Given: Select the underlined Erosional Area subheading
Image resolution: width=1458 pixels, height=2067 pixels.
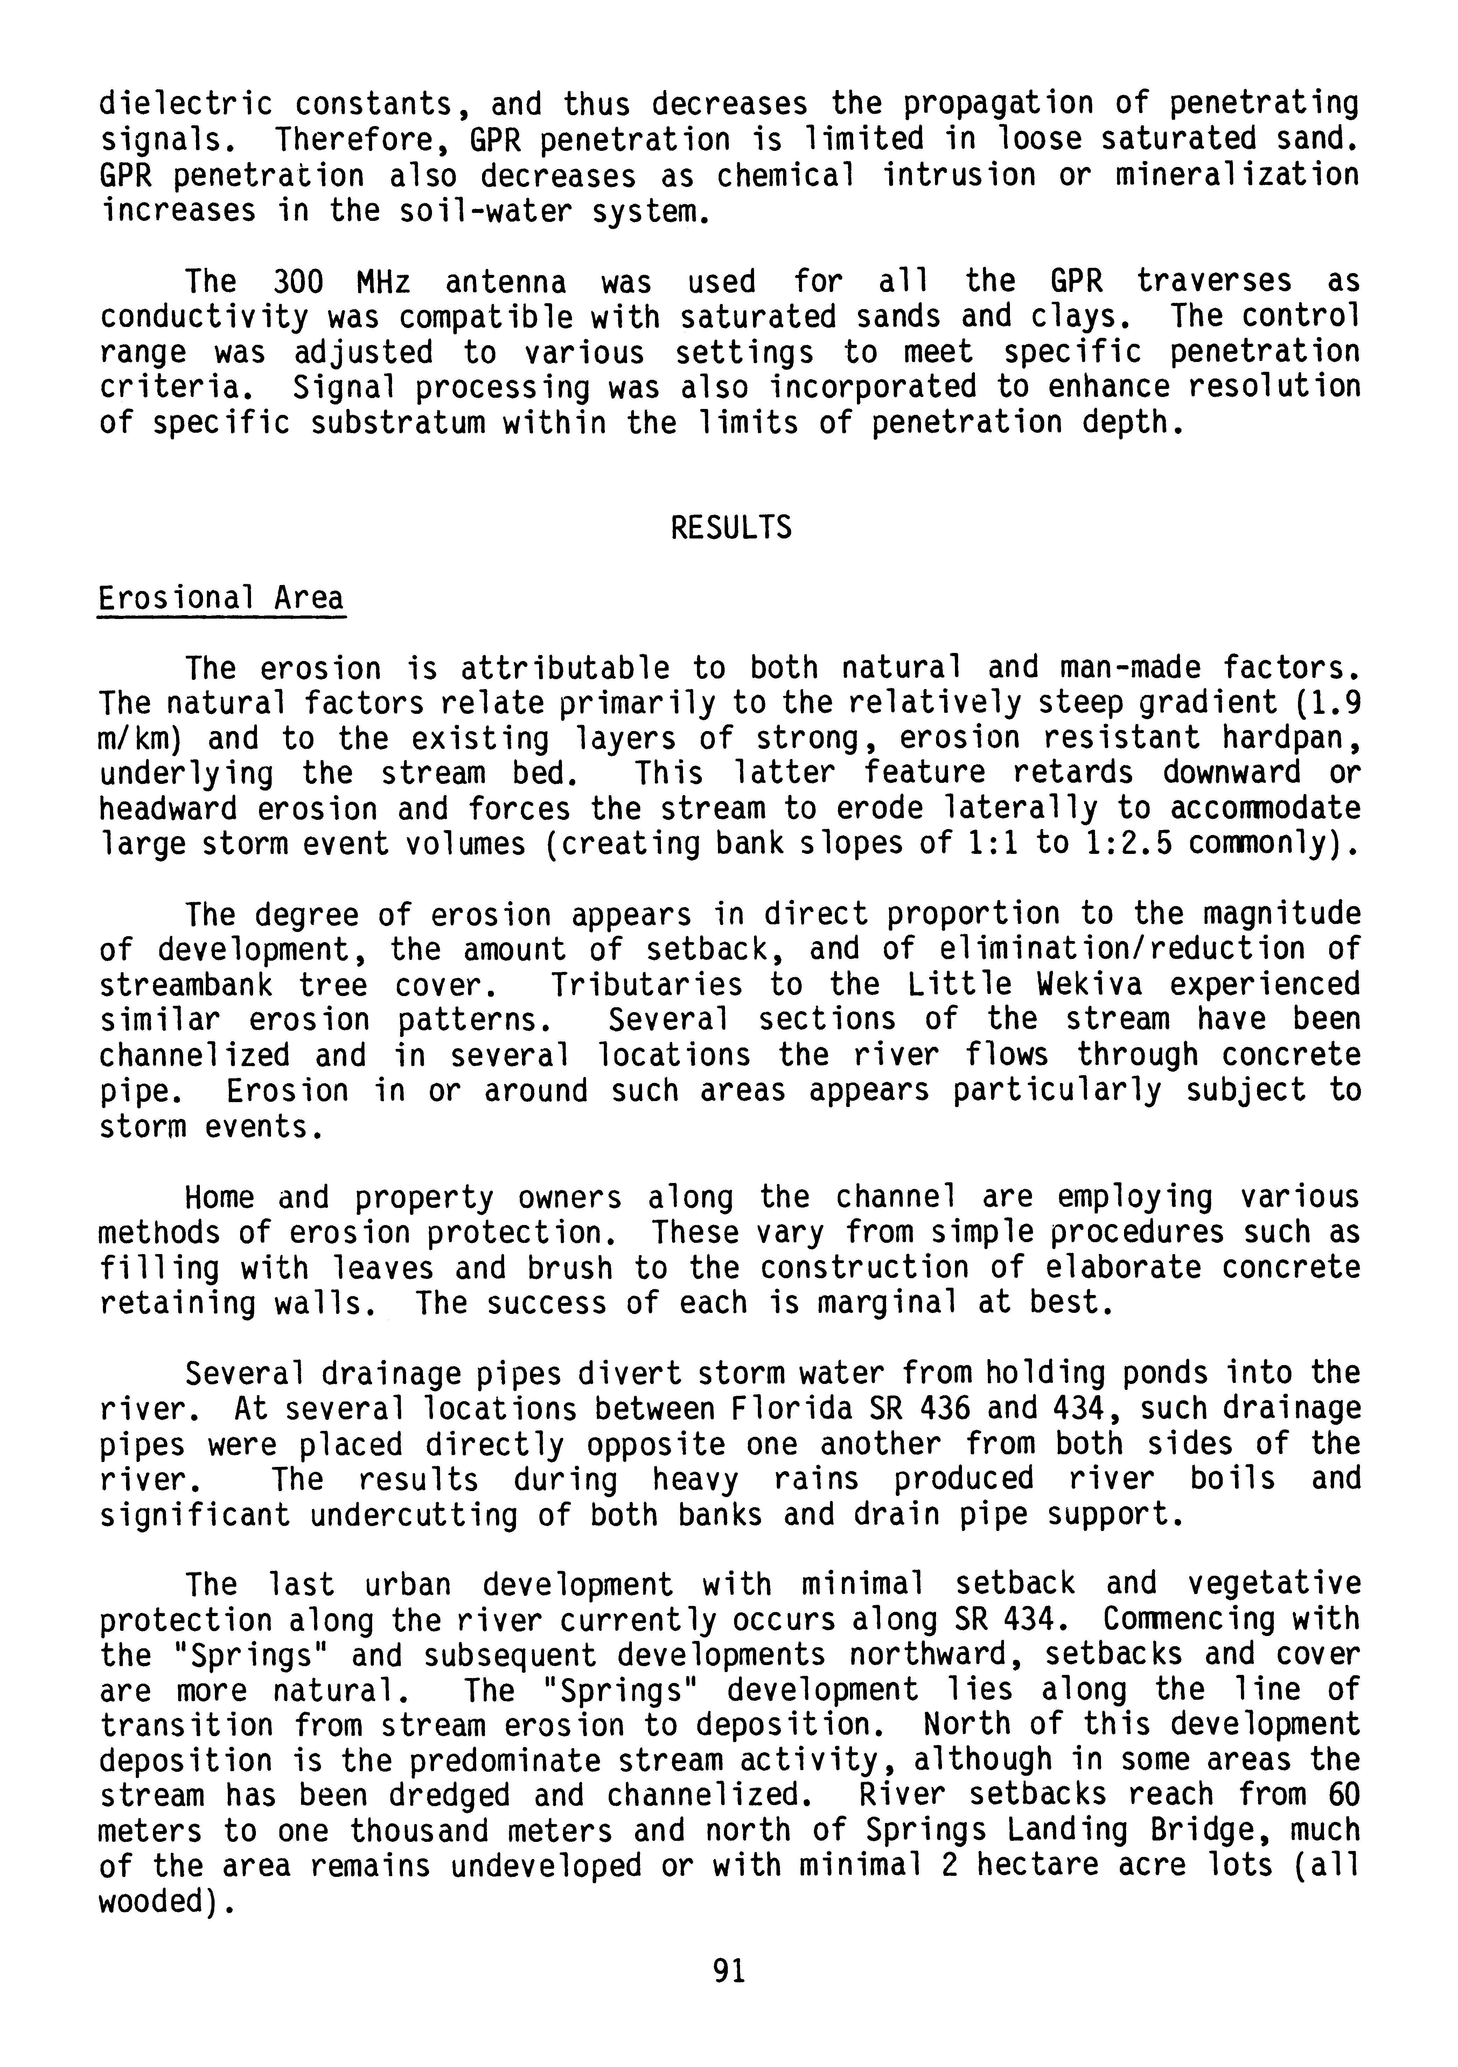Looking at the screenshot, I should [221, 599].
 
